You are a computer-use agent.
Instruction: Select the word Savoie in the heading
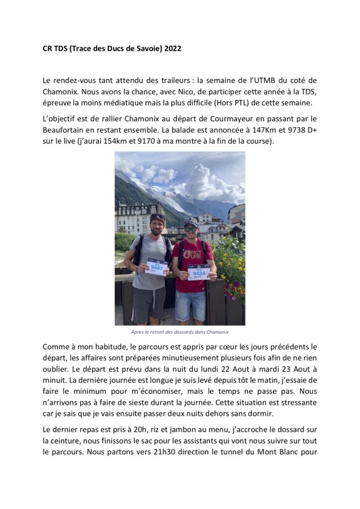(145, 49)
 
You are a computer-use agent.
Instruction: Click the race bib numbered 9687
(156, 266)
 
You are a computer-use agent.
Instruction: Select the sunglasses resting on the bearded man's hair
(158, 217)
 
